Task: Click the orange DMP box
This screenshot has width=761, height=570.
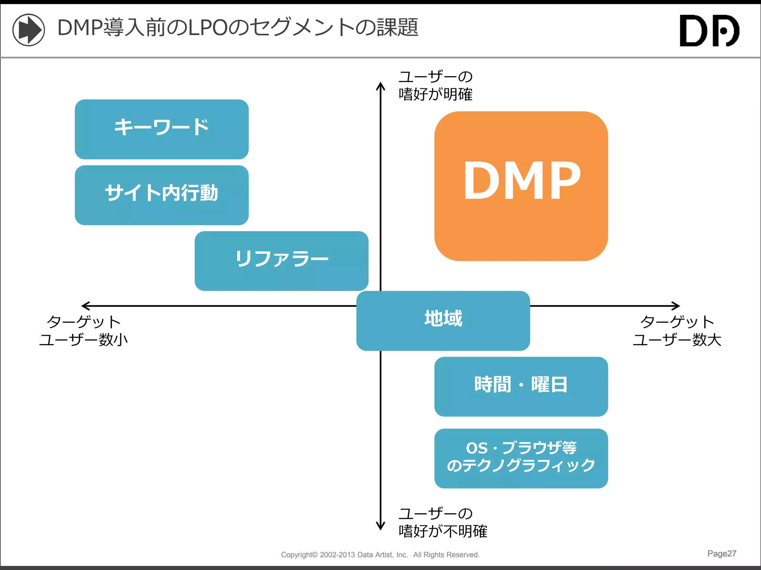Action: click(x=521, y=186)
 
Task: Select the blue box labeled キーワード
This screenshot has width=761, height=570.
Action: click(x=162, y=129)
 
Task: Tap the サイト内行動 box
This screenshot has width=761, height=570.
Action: click(x=162, y=195)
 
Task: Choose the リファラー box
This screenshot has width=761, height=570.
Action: click(x=281, y=261)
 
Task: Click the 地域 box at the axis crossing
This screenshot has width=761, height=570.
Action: click(x=443, y=321)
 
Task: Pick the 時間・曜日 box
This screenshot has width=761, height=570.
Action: click(x=521, y=386)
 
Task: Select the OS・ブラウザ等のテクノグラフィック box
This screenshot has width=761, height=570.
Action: click(x=521, y=458)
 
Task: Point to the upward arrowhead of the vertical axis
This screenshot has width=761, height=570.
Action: click(x=380, y=86)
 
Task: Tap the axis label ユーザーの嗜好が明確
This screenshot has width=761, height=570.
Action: click(x=435, y=85)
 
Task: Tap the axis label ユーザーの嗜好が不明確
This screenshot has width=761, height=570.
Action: click(x=442, y=522)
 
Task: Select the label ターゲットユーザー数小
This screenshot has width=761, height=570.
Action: click(x=84, y=330)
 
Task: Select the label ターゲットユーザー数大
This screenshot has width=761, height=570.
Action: click(x=677, y=330)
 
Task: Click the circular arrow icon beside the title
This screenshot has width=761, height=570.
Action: click(x=29, y=30)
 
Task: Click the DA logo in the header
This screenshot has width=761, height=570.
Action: click(x=709, y=31)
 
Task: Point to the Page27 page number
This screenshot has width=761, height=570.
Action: click(x=721, y=553)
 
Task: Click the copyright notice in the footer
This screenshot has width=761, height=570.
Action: click(x=380, y=554)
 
